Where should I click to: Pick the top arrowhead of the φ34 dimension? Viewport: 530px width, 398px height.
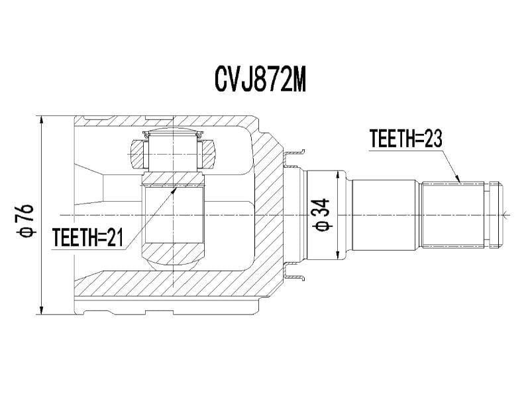coord(340,172)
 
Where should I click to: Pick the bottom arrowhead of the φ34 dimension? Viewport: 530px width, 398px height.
coord(340,257)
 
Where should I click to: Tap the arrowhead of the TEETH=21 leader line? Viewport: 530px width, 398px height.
coord(175,189)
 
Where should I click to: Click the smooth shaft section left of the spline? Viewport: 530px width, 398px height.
coord(386,214)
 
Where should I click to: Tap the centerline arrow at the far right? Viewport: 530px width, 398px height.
coord(506,214)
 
